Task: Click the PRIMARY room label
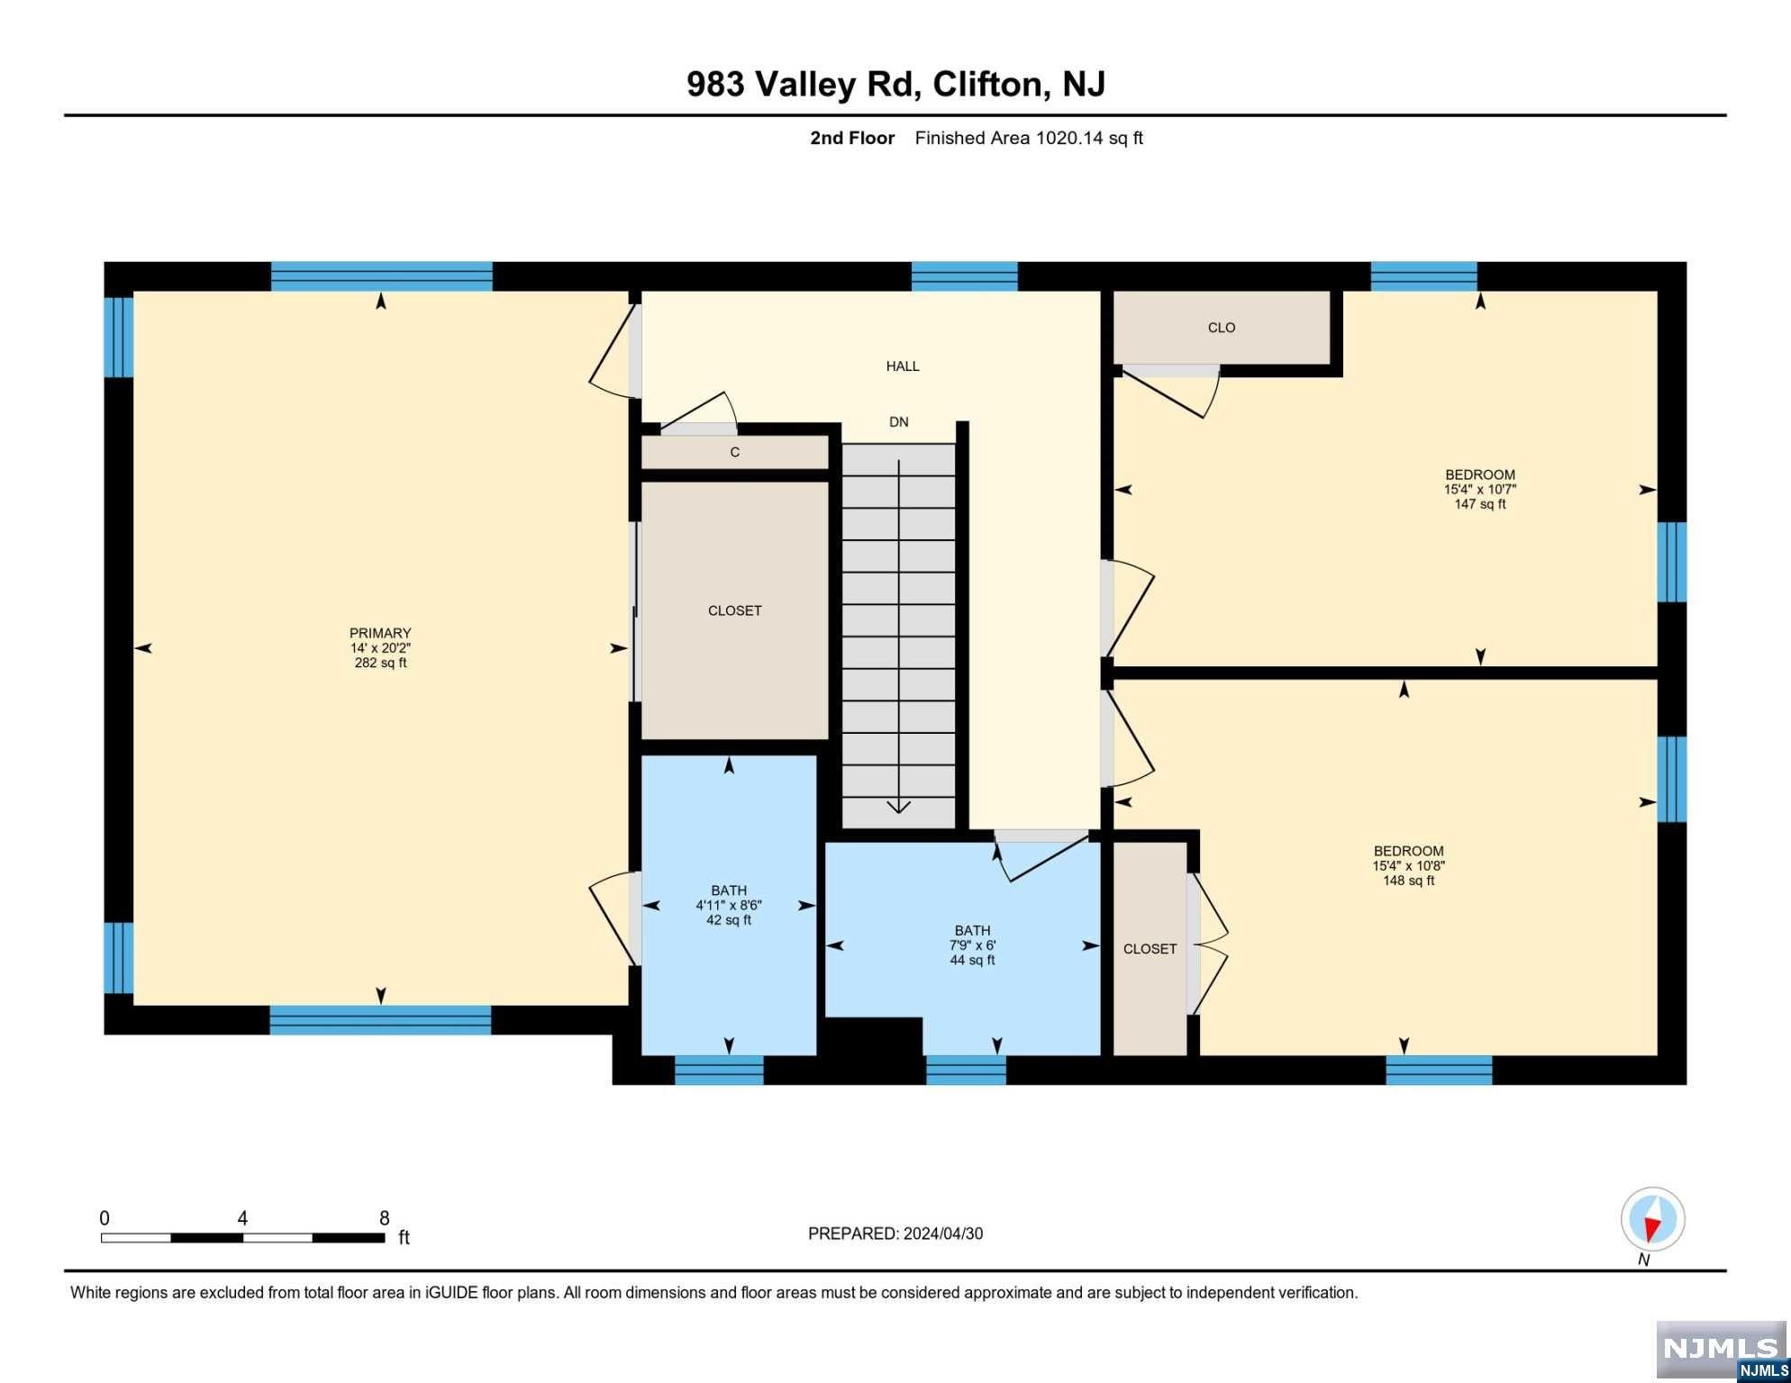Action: (380, 633)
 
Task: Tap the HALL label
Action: (903, 366)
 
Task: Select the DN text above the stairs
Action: (899, 421)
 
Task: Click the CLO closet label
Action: (1222, 328)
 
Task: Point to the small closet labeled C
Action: (735, 452)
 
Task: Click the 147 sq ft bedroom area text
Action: (1480, 504)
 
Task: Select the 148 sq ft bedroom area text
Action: (1409, 881)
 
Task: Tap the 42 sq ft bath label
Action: (729, 920)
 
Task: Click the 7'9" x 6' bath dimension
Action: (973, 945)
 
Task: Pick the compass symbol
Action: (1652, 1220)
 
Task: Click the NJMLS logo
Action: (1722, 1351)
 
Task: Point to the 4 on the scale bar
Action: (242, 1218)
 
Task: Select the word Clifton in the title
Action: (989, 84)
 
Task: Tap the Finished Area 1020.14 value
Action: (1069, 138)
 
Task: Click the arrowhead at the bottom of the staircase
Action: (899, 806)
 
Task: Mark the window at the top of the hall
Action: (965, 276)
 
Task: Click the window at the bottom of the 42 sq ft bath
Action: (719, 1070)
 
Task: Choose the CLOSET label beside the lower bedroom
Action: (1150, 949)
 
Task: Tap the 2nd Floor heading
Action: (852, 138)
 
